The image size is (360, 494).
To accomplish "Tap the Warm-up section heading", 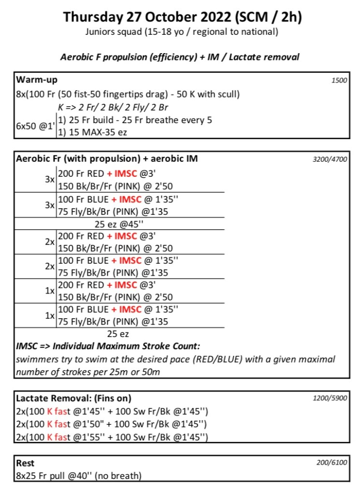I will pyautogui.click(x=37, y=79).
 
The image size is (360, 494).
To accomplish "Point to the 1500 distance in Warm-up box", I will pyautogui.click(x=339, y=81).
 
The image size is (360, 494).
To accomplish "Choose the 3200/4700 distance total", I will pyautogui.click(x=330, y=159).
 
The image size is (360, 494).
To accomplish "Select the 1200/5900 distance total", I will pyautogui.click(x=330, y=399).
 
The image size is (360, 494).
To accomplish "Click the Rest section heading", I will pyautogui.click(x=25, y=463).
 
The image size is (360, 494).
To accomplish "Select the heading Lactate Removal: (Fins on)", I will pyautogui.click(x=73, y=398).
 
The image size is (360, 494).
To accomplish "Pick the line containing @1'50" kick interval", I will pyautogui.click(x=112, y=424).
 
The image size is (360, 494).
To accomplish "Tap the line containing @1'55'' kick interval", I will pyautogui.click(x=112, y=437).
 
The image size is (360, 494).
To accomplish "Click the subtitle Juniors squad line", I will pyautogui.click(x=180, y=33).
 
